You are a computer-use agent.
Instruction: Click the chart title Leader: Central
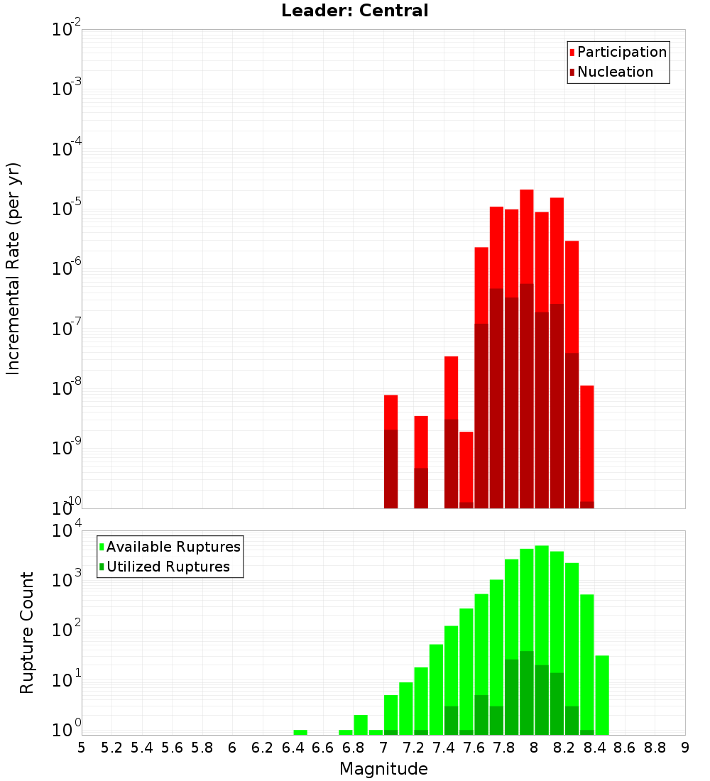pos(354,11)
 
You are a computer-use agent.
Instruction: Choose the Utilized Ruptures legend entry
pos(167,567)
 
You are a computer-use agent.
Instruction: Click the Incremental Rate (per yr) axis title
pos(13,269)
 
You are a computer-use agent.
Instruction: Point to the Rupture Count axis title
pos(27,633)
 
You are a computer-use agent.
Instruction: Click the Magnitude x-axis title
pos(383,769)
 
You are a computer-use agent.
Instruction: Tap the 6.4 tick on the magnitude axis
pos(293,747)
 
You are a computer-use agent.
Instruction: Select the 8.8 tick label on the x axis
pos(655,747)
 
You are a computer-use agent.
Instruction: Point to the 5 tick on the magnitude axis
pos(82,747)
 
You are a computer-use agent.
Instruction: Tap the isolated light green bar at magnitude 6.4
pos(300,732)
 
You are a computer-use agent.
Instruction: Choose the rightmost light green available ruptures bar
pos(602,694)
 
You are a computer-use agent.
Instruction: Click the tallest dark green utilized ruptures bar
pos(527,692)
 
